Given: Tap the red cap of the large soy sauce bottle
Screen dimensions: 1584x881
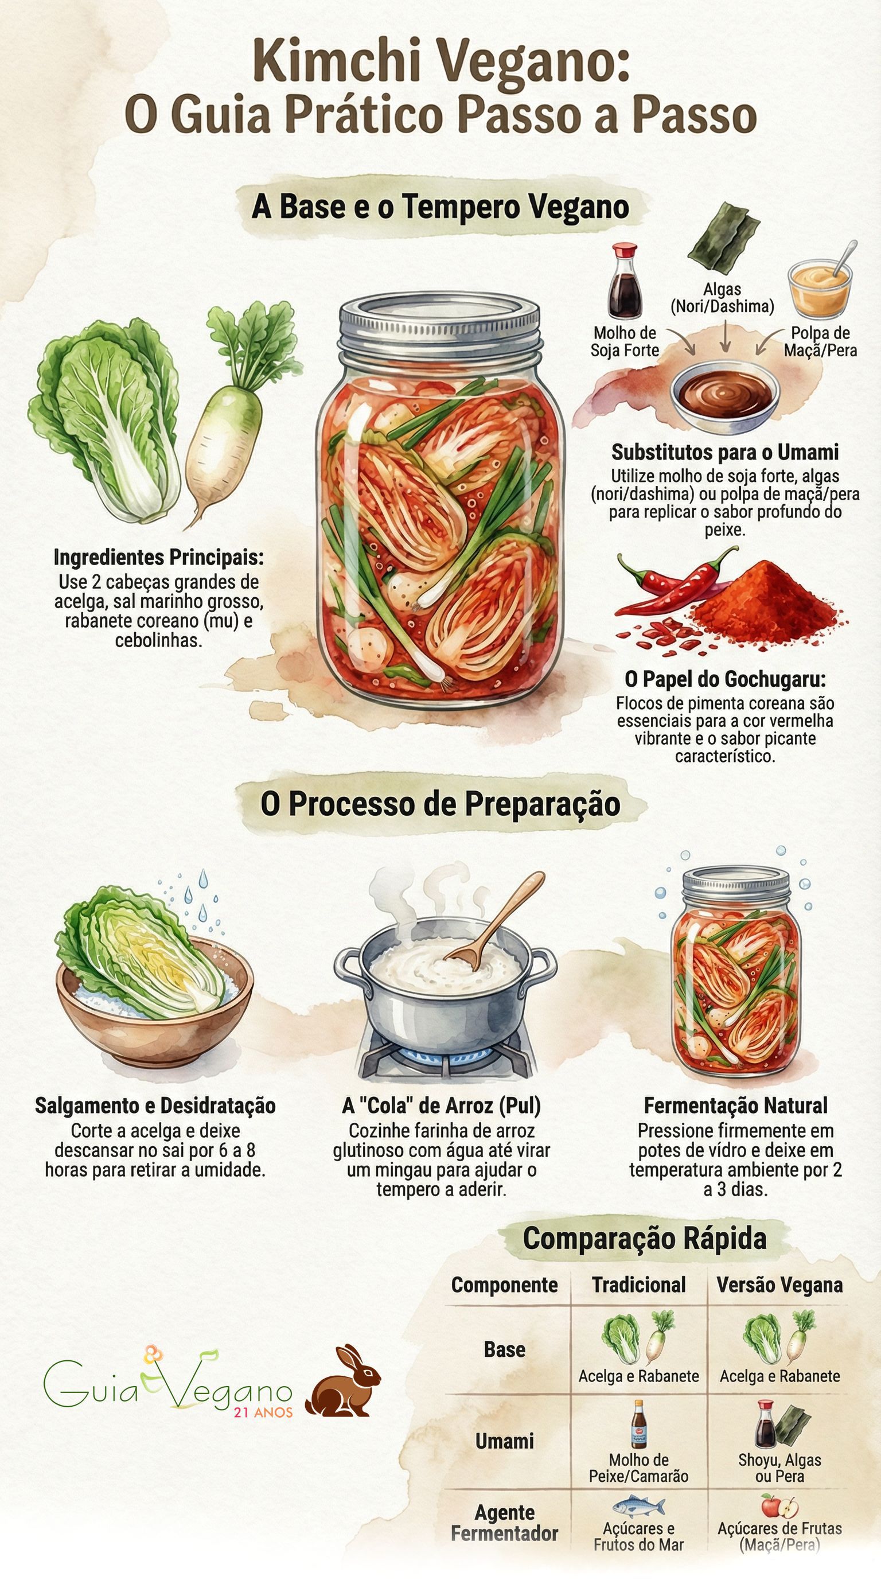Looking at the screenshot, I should (x=625, y=251).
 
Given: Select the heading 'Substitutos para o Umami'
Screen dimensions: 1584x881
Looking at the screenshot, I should (x=725, y=453).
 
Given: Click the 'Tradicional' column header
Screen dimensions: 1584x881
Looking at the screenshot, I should (x=639, y=1285).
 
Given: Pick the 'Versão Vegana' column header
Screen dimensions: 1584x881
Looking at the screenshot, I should (x=779, y=1285).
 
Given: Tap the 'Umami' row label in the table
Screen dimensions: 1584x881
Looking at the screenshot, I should (x=504, y=1441).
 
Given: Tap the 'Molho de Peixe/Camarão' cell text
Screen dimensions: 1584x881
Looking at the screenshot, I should (x=639, y=1468).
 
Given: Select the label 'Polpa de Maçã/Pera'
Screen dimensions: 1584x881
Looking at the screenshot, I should (x=820, y=341).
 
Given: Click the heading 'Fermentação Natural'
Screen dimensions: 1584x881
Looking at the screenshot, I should (x=735, y=1105).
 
